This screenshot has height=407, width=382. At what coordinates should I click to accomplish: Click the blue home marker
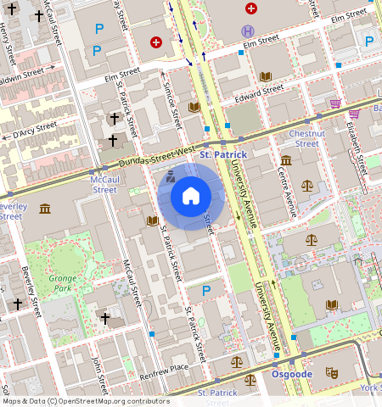[191, 197]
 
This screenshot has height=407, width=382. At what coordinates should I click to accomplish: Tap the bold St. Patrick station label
[246, 155]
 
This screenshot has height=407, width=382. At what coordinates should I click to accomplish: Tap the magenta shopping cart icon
[335, 103]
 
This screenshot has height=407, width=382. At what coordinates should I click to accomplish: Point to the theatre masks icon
[333, 371]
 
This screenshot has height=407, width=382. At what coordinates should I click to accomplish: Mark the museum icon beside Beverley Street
[44, 209]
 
